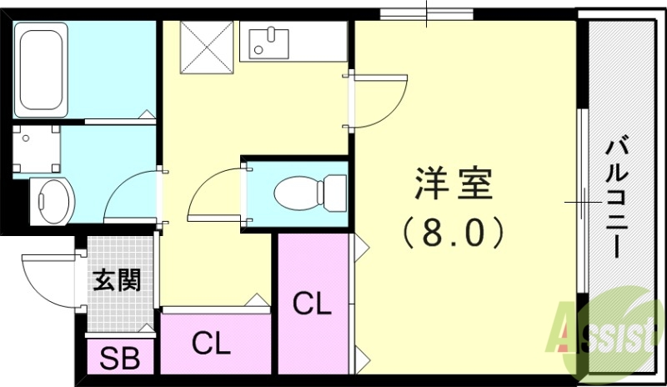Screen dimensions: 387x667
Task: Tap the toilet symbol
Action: (x=309, y=192)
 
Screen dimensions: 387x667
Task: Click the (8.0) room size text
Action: (x=454, y=231)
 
